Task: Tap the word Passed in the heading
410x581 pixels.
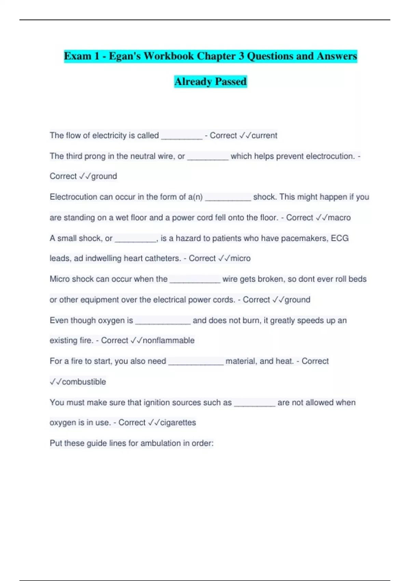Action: coord(231,82)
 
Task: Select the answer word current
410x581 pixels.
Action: coord(264,135)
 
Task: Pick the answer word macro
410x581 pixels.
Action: coord(339,218)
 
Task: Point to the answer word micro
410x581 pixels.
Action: coord(241,258)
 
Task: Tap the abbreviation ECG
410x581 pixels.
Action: coord(340,238)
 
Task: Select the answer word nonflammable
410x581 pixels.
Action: coord(168,340)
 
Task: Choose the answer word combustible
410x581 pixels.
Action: coord(84,382)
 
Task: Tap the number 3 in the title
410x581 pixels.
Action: coord(241,56)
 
